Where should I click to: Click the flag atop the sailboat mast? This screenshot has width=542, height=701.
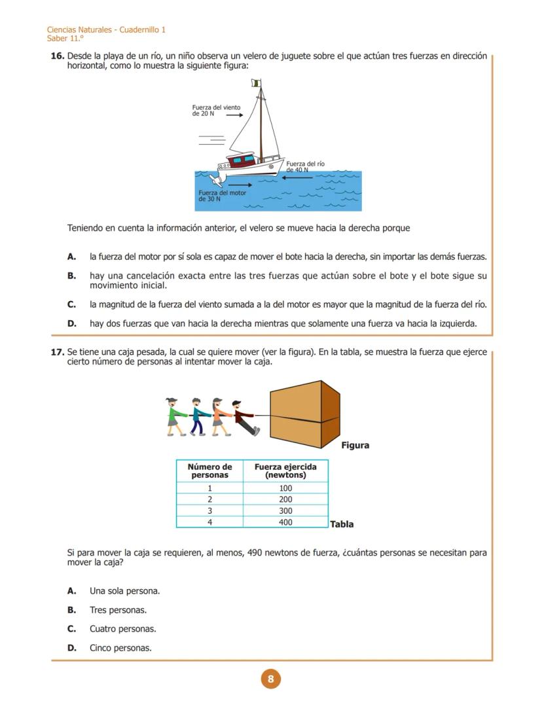(x=256, y=83)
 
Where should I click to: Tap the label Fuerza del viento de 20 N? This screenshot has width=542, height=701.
(x=215, y=111)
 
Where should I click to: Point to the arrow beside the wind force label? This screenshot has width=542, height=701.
(x=235, y=115)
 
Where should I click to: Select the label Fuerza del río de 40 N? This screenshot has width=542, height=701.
(x=304, y=166)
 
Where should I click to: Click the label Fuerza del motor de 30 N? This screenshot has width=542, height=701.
(x=222, y=196)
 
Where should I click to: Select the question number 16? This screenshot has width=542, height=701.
(x=57, y=56)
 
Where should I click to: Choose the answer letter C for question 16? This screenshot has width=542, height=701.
(x=71, y=304)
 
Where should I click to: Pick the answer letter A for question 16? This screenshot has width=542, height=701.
(x=71, y=257)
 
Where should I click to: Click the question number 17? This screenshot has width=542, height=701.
(x=57, y=352)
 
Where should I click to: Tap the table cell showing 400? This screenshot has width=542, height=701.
(x=285, y=522)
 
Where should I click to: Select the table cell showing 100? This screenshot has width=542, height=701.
(x=285, y=488)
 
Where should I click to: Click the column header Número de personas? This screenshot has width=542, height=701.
(x=209, y=471)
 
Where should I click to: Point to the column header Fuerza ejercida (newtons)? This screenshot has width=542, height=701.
(x=285, y=471)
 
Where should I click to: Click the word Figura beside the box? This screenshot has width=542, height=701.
(x=355, y=445)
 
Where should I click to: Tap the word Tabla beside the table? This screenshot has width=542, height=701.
(x=342, y=524)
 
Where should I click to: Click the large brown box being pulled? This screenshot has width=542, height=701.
(x=304, y=416)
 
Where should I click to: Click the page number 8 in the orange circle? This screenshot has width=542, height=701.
(x=270, y=679)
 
